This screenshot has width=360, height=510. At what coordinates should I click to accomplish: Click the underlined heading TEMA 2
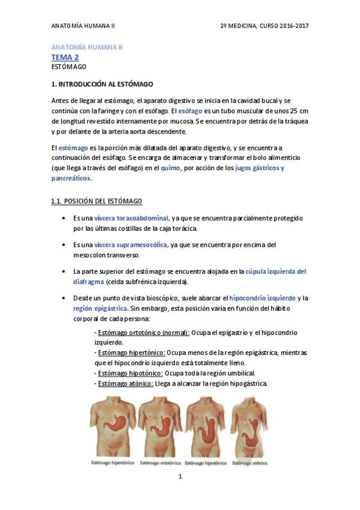(x=65, y=57)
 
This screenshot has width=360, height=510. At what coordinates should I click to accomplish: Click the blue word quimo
(x=171, y=168)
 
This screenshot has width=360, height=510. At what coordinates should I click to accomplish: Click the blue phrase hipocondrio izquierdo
(x=263, y=298)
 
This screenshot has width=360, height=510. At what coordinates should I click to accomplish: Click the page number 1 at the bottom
(x=180, y=476)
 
